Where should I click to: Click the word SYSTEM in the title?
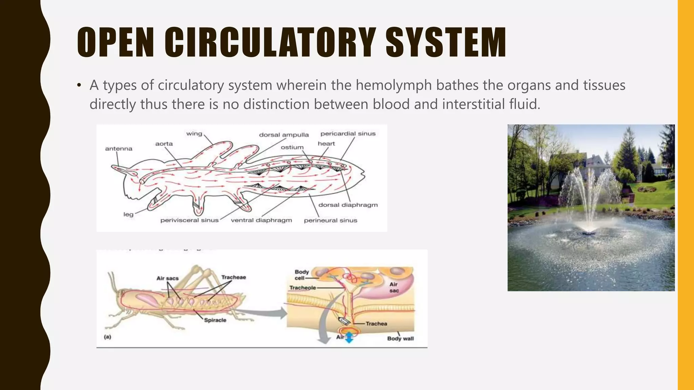click(x=446, y=43)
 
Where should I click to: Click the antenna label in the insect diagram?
click(x=119, y=149)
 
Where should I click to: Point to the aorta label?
click(x=164, y=144)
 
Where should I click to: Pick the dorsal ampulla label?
click(x=284, y=135)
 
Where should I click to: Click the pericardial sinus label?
click(x=348, y=134)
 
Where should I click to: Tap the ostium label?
click(x=292, y=147)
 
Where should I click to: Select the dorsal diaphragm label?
click(x=348, y=205)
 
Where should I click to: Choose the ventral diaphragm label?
click(x=261, y=220)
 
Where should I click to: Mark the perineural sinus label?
click(x=330, y=220)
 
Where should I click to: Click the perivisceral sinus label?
click(x=189, y=220)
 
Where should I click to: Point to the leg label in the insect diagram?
click(x=128, y=214)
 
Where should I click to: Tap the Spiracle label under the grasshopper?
click(x=215, y=320)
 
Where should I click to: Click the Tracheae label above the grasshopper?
click(x=233, y=277)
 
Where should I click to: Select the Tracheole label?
click(x=303, y=288)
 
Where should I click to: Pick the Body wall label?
click(x=400, y=338)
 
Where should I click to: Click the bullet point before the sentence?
click(x=79, y=85)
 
